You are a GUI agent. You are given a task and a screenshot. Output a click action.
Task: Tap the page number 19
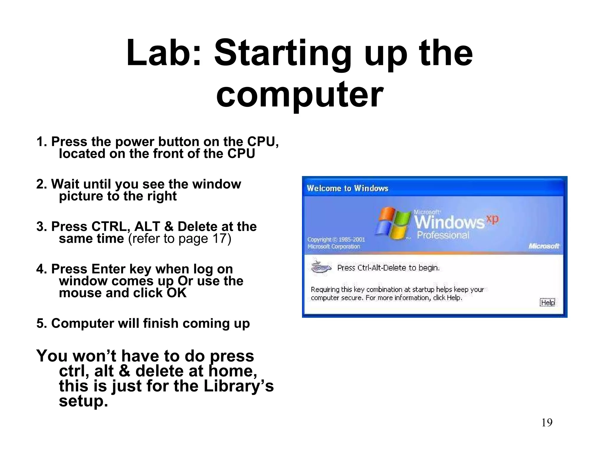tap(547, 423)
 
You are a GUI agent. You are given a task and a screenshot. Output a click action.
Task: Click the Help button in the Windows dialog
tap(547, 303)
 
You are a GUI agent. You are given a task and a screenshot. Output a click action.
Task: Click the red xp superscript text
tap(492, 219)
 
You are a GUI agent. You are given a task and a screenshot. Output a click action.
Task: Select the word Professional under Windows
tap(443, 235)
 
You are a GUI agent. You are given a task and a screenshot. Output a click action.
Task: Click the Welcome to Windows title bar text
tap(347, 188)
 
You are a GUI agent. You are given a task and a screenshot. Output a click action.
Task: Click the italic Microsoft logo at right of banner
tap(544, 246)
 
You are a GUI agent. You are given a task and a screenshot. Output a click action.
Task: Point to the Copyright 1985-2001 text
tap(336, 239)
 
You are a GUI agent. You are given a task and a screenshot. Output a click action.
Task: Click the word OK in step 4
tap(177, 293)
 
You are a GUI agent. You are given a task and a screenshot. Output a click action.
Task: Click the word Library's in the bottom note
tap(239, 386)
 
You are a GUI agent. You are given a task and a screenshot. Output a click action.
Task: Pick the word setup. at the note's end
tap(83, 401)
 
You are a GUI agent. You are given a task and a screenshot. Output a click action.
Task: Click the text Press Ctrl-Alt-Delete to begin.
tap(388, 268)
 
